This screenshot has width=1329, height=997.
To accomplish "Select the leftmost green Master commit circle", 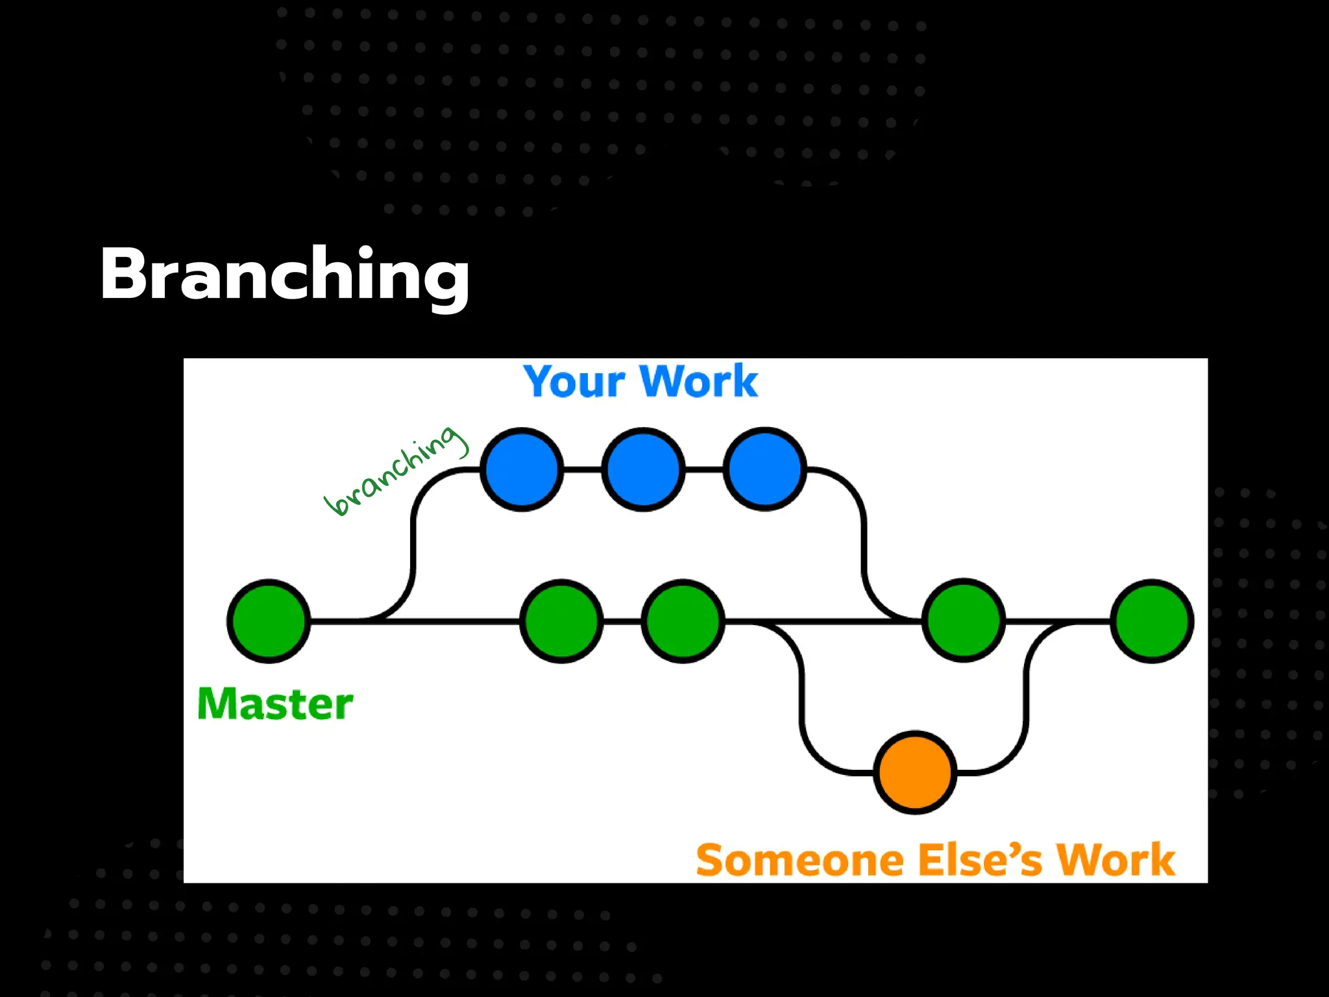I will tap(269, 621).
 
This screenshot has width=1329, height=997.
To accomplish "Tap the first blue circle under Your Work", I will tap(522, 469).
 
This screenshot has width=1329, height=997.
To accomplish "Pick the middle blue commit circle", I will tap(643, 469).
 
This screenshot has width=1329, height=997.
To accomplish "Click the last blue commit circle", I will tap(764, 469).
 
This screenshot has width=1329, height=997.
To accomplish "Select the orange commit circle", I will tap(915, 772).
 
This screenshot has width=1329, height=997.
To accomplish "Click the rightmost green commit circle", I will tap(1152, 621).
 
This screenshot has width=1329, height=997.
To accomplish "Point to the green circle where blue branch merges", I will tap(964, 621).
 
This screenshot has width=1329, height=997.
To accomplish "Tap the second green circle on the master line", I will tap(561, 621).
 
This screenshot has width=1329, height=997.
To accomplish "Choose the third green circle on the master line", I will tap(683, 621).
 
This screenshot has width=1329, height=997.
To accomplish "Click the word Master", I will tap(275, 704).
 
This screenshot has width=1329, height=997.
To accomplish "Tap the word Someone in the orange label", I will tap(799, 861).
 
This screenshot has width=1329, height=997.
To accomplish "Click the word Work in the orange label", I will tap(1116, 861).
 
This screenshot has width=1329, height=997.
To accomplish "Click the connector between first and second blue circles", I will tap(582, 469).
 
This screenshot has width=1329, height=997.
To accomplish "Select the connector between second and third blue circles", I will tap(703, 469).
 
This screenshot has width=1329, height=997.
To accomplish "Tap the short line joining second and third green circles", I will tap(622, 621).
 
